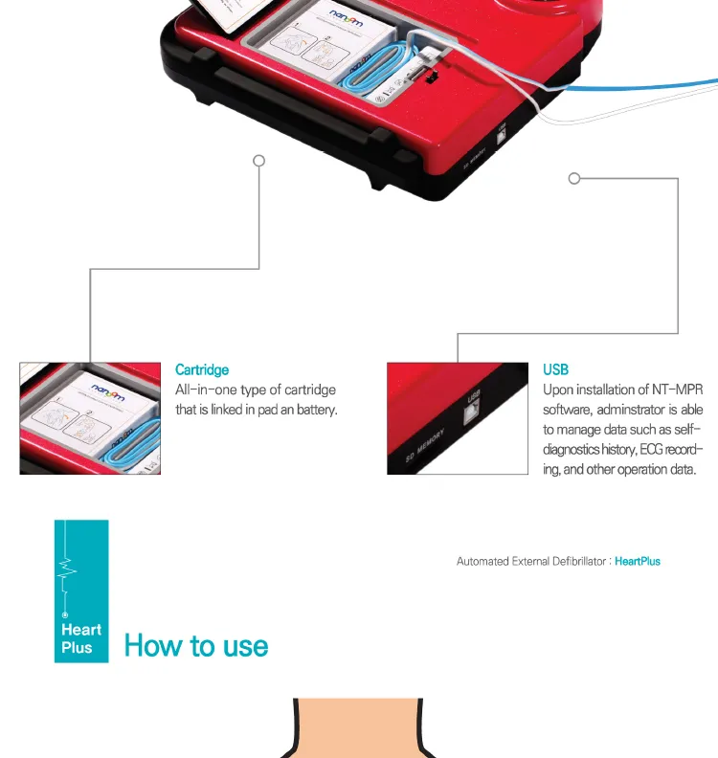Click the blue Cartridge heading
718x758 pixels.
tap(202, 369)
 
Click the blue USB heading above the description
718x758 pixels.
tap(555, 369)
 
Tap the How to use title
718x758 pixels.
tap(196, 645)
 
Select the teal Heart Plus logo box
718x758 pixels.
tap(81, 591)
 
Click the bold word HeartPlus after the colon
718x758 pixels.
tap(638, 561)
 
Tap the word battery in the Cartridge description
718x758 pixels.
tap(318, 410)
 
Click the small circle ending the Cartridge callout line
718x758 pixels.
tap(258, 160)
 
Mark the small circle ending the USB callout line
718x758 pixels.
tap(574, 178)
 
